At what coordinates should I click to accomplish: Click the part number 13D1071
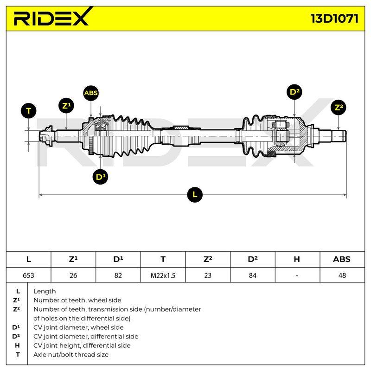pyautogui.click(x=334, y=19)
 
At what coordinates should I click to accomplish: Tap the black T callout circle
pyautogui.click(x=29, y=111)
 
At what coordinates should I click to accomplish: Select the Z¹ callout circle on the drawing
pyautogui.click(x=66, y=106)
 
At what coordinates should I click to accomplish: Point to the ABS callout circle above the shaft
pyautogui.click(x=91, y=93)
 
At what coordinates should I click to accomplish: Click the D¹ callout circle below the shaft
pyautogui.click(x=100, y=177)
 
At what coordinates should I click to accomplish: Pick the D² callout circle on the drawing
pyautogui.click(x=294, y=92)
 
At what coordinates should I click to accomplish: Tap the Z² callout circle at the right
pyautogui.click(x=339, y=108)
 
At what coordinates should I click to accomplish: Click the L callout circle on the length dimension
pyautogui.click(x=195, y=195)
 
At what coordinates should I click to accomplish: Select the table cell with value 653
pyautogui.click(x=28, y=275)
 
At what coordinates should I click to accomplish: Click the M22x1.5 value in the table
pyautogui.click(x=163, y=275)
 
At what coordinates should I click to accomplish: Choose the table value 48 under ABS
pyautogui.click(x=342, y=275)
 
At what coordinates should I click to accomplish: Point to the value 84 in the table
pyautogui.click(x=252, y=275)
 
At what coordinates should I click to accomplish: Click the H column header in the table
pyautogui.click(x=297, y=259)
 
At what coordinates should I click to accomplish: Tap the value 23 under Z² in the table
pyautogui.click(x=208, y=275)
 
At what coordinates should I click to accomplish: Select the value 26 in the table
pyautogui.click(x=73, y=275)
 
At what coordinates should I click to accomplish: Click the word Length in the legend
pyautogui.click(x=45, y=291)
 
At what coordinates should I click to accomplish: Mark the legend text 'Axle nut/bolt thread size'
pyautogui.click(x=71, y=354)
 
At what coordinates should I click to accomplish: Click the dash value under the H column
pyautogui.click(x=297, y=275)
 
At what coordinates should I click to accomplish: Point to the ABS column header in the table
pyautogui.click(x=342, y=259)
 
